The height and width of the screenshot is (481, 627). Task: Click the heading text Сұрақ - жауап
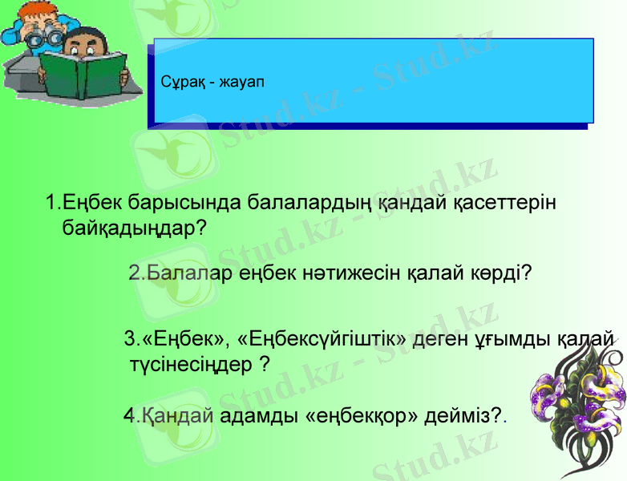tap(212, 82)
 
